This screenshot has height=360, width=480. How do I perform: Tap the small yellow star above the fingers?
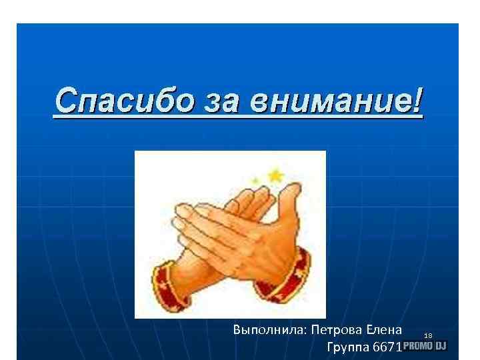click(x=254, y=180)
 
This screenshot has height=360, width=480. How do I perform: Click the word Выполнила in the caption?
click(x=265, y=330)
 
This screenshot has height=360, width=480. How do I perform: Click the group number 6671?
click(x=386, y=347)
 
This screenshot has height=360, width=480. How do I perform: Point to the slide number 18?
click(x=428, y=335)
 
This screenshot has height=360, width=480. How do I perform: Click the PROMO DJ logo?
click(x=424, y=346)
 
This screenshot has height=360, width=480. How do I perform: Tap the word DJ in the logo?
click(x=441, y=346)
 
